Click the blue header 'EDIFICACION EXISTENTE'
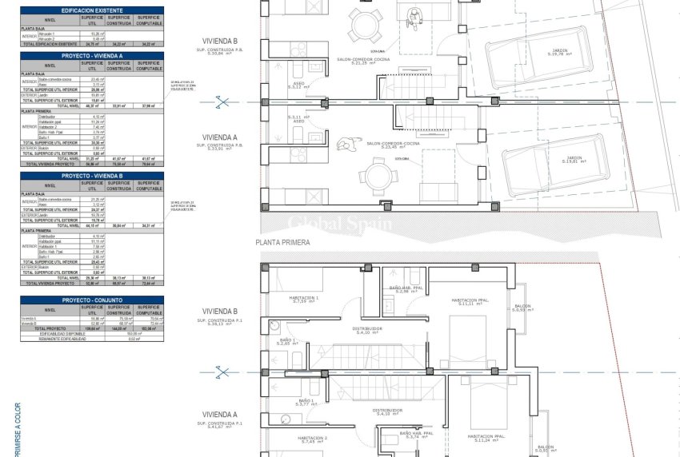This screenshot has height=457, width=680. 92,10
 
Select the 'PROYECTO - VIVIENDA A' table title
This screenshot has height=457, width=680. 92,56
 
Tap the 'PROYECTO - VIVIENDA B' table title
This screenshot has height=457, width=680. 92,176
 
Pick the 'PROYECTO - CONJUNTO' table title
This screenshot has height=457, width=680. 92,300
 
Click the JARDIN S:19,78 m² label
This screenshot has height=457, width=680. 561,54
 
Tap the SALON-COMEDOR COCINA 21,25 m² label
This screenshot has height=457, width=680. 386,83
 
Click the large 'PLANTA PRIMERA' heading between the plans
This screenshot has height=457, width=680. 282,240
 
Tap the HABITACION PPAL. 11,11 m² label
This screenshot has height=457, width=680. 474,302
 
